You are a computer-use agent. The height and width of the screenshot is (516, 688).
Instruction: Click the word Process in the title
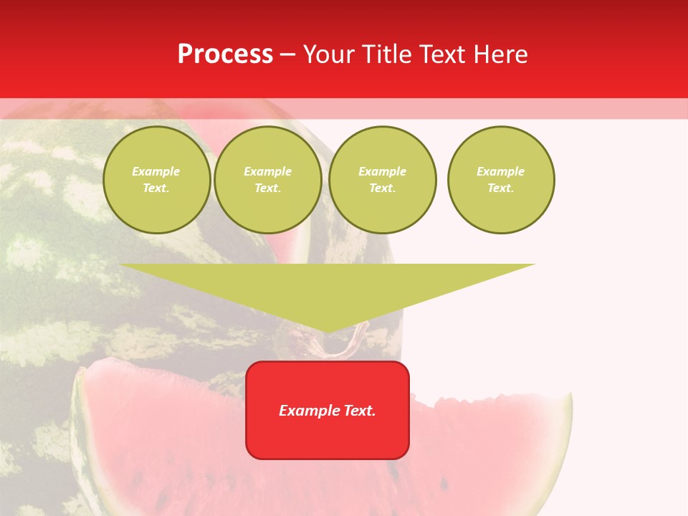coord(225,54)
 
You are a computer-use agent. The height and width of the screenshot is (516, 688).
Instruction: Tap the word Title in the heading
coord(388,54)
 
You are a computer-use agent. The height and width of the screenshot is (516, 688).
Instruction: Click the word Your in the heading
coord(329,54)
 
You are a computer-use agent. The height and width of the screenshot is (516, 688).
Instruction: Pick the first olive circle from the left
coord(156,180)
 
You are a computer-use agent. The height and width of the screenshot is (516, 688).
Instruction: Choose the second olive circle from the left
coord(267,180)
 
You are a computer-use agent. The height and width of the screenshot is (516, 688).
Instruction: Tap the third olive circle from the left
coord(382,180)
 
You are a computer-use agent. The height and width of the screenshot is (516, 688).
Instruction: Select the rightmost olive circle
coord(500,180)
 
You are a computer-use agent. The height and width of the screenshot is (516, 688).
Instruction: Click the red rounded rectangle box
coord(328,410)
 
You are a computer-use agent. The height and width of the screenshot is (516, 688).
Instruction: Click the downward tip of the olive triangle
coord(328,330)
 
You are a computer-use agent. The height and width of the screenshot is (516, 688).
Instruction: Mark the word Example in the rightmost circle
coord(500,171)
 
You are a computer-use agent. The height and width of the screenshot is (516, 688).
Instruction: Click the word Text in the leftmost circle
coord(156,188)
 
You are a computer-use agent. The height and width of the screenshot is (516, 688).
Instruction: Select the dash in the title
coord(287,54)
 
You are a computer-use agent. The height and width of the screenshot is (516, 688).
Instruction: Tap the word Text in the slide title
coord(444,54)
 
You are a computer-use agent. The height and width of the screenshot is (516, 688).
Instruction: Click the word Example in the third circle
coord(382,171)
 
